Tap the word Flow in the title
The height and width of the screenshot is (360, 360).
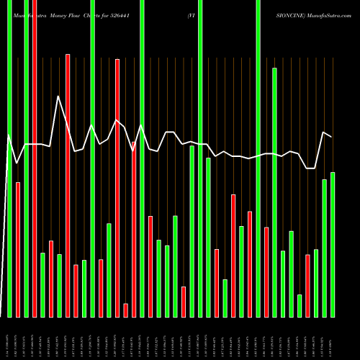coord(81,14)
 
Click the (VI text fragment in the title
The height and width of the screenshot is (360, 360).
coord(191,14)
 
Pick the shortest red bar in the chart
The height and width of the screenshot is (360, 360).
coord(126,310)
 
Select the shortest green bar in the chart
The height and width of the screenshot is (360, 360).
coord(300,305)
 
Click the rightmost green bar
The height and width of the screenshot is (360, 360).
coord(333,245)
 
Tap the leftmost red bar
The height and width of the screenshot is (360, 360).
coord(18,249)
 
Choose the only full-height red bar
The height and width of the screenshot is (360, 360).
coord(35,158)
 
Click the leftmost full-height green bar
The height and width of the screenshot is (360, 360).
coord(9,158)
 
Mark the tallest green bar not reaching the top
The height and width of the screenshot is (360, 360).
coord(274,192)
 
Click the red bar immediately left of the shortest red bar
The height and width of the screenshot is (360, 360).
coord(117,187)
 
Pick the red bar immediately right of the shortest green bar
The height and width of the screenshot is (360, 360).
coord(308,286)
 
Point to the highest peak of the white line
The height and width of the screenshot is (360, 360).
coord(58,96)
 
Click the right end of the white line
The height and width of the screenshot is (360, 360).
coord(331,137)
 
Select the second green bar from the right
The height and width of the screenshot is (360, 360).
coord(324,248)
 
